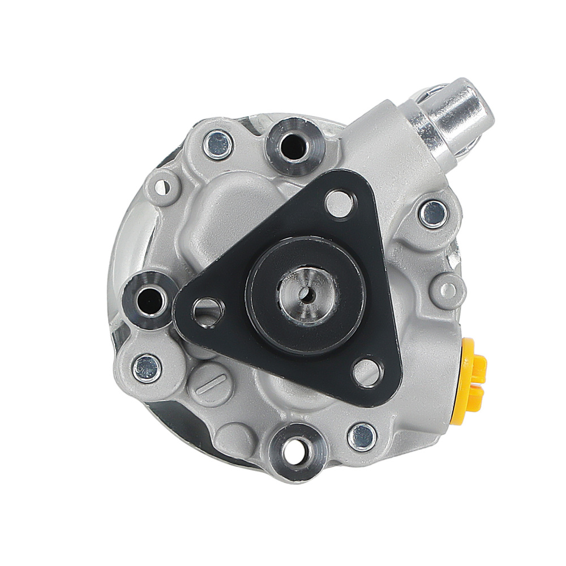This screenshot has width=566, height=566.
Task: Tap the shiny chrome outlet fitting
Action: coord(453,116)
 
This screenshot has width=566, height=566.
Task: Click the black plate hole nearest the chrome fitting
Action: coord(340,201)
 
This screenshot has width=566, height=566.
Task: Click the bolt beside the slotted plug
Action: coord(146,367)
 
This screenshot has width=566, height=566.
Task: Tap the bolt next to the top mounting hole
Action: coord(218,144)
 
